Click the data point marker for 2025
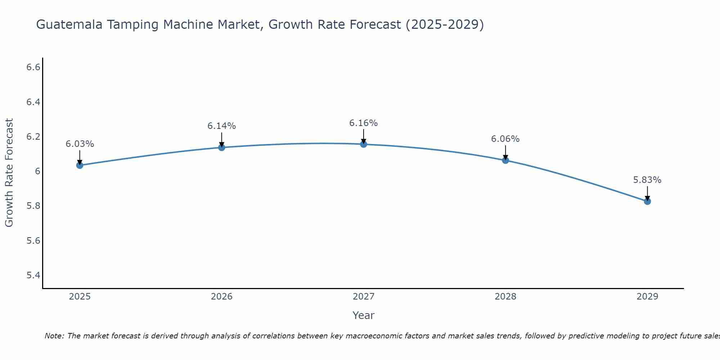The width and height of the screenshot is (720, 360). pyautogui.click(x=80, y=165)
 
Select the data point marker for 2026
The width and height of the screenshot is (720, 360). pyautogui.click(x=222, y=147)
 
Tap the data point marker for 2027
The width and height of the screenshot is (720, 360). pyautogui.click(x=364, y=144)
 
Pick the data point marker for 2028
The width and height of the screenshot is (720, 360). pyautogui.click(x=505, y=160)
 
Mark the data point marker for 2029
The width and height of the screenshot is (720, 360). pyautogui.click(x=647, y=201)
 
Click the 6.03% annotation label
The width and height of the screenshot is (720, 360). pyautogui.click(x=80, y=144)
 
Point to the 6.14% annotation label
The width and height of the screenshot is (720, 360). pyautogui.click(x=222, y=126)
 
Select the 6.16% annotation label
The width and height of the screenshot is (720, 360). pyautogui.click(x=364, y=123)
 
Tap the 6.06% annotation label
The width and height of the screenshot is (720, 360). pyautogui.click(x=505, y=139)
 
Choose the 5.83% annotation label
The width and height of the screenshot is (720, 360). pyautogui.click(x=647, y=180)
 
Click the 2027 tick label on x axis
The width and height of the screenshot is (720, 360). pyautogui.click(x=364, y=297)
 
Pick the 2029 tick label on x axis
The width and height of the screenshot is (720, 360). pyautogui.click(x=647, y=297)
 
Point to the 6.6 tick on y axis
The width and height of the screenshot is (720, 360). pyautogui.click(x=33, y=67)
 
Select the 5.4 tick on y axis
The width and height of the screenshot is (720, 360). pyautogui.click(x=33, y=275)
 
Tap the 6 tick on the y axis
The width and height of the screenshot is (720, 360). pyautogui.click(x=37, y=171)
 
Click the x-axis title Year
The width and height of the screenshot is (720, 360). pyautogui.click(x=364, y=315)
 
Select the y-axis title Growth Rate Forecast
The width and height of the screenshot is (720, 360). pyautogui.click(x=9, y=173)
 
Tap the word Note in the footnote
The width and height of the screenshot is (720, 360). pyautogui.click(x=54, y=336)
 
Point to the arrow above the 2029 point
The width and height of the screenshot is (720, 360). pyautogui.click(x=647, y=193)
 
